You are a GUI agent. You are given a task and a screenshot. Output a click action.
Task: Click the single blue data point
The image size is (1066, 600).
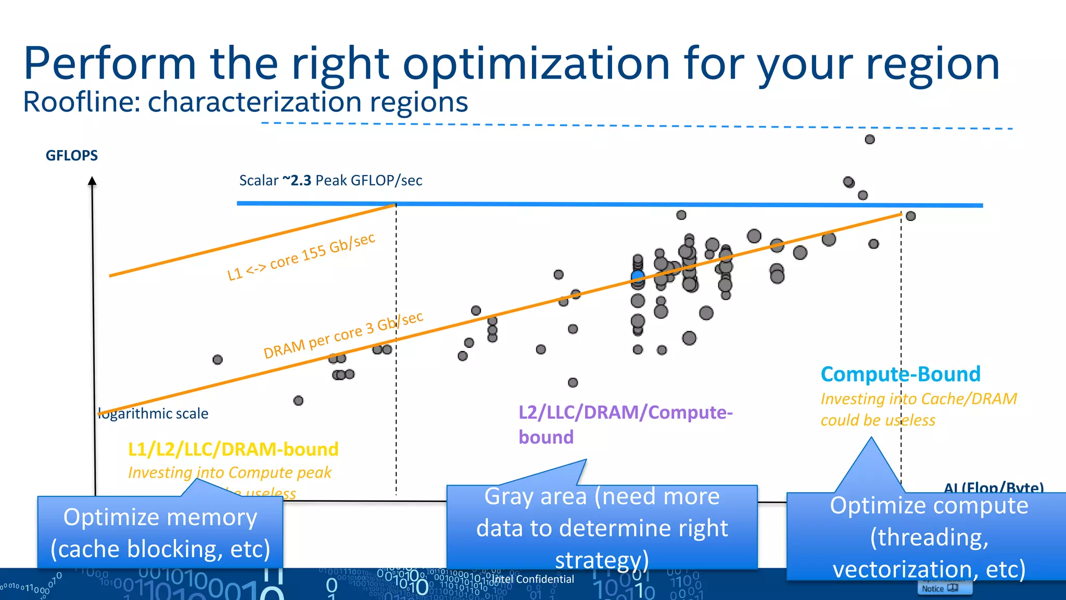[x=638, y=276]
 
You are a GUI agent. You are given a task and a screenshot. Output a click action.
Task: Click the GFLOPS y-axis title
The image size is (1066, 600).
[x=72, y=156]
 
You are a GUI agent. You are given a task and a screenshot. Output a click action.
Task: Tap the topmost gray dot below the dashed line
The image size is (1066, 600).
[x=870, y=140]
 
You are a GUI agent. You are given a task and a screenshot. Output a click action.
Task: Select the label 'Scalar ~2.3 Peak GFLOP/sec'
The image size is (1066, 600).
[x=331, y=181]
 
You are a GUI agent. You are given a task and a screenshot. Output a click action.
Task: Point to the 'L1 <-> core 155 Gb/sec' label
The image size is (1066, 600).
[x=301, y=257]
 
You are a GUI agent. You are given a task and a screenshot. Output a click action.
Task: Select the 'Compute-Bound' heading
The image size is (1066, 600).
[x=900, y=374]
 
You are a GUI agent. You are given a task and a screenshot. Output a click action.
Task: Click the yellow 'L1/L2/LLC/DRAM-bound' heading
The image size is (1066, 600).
[x=233, y=449]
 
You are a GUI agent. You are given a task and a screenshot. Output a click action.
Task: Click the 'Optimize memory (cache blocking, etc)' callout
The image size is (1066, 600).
[x=160, y=533]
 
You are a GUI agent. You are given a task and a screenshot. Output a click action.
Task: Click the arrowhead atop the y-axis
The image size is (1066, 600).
[x=92, y=181]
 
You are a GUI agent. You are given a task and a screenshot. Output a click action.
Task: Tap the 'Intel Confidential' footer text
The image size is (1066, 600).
[x=533, y=579]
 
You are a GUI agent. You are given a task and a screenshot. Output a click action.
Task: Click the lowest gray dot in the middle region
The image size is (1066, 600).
[x=573, y=383]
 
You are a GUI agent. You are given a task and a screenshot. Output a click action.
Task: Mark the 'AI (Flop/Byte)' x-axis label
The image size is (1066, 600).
[x=993, y=488]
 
